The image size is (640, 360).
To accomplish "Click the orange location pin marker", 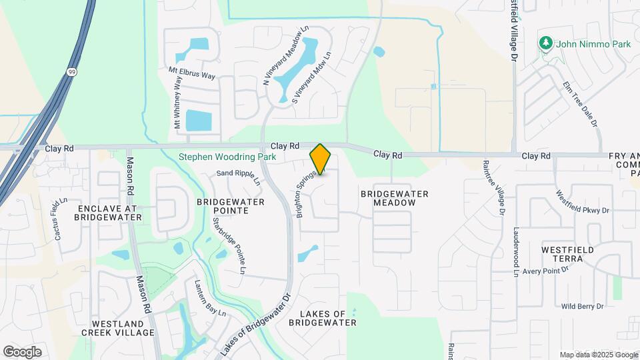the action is tap(320, 159).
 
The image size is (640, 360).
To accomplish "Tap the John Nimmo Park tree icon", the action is tap(546, 43).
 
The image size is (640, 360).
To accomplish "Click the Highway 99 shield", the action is tap(70, 71).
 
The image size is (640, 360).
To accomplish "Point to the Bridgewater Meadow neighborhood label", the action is tap(394, 198).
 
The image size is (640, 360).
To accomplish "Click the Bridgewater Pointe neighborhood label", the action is tap(231, 205).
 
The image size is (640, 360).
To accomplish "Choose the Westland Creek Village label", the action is tap(118, 327).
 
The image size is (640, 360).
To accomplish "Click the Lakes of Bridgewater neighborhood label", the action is tap(323, 318).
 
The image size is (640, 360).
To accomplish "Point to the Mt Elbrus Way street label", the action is tap(192, 73).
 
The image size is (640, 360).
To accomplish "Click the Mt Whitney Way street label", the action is tap(177, 102).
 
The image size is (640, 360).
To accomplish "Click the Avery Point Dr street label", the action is tap(545, 271).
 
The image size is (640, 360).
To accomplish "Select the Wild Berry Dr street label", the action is tap(582, 306).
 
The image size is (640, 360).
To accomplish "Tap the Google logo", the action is tap(22, 351).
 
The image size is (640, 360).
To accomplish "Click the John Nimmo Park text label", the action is tap(593, 43).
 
